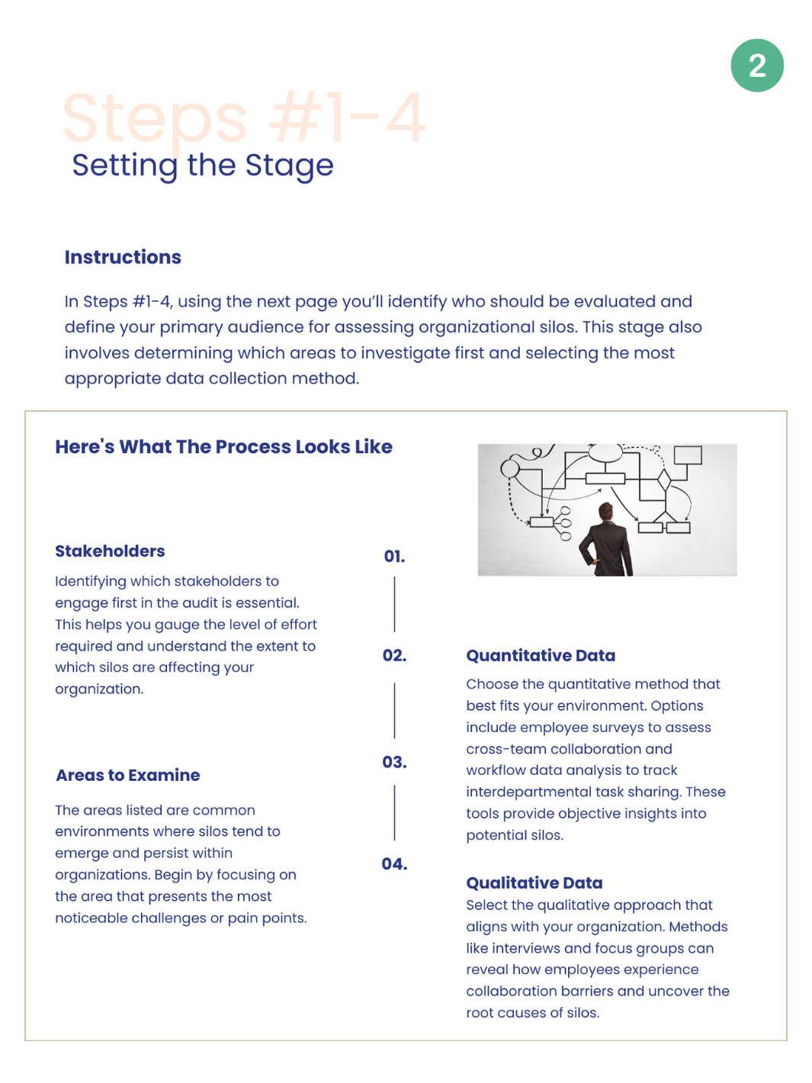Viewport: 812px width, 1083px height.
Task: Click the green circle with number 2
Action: [756, 66]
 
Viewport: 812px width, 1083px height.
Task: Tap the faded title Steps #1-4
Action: [243, 117]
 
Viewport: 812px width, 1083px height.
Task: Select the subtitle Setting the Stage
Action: [202, 166]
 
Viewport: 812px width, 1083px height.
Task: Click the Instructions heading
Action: [123, 257]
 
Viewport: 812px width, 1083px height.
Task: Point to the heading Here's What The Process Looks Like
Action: [223, 447]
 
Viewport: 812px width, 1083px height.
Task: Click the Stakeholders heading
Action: [110, 551]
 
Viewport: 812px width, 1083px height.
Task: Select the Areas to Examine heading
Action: [128, 776]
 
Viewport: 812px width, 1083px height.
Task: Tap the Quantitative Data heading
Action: [541, 656]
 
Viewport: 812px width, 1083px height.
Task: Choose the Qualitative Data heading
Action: [534, 883]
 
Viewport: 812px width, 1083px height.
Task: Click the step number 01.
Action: [394, 557]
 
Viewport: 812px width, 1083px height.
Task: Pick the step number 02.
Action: [394, 656]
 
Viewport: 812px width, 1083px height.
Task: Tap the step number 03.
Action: [394, 763]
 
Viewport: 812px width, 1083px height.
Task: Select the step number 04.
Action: [394, 864]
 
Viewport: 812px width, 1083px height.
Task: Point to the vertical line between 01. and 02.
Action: [394, 604]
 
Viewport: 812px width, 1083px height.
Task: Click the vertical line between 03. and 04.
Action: [394, 813]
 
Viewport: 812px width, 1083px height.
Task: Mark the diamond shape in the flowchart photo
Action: [664, 480]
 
